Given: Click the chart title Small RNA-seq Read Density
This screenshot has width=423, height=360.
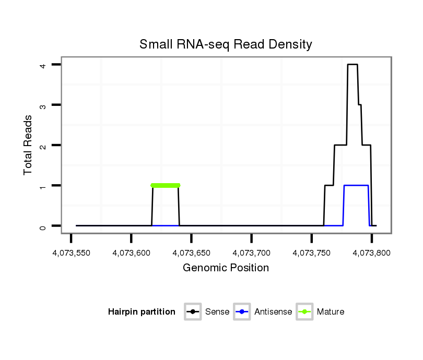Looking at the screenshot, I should click(226, 44).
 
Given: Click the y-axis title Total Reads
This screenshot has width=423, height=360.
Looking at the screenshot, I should click(28, 145).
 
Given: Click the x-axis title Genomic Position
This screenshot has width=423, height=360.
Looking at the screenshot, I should click(226, 268).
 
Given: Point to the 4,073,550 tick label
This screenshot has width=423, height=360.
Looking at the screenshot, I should click(70, 253).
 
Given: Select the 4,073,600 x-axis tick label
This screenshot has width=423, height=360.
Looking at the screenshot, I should click(131, 253).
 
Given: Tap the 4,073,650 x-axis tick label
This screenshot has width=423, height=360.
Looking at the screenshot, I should click(191, 253).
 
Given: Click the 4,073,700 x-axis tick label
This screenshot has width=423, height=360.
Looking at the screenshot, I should click(251, 253).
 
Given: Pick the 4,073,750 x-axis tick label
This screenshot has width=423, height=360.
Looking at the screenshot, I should click(312, 253).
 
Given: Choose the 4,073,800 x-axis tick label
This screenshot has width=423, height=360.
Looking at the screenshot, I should click(372, 253).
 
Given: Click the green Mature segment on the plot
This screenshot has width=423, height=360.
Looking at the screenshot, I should click(165, 185).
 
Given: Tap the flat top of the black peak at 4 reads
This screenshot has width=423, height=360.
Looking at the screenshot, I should click(352, 65).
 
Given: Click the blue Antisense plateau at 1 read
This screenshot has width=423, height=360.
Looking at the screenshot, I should click(356, 185).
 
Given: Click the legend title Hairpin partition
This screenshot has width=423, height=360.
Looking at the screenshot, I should click(142, 312).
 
